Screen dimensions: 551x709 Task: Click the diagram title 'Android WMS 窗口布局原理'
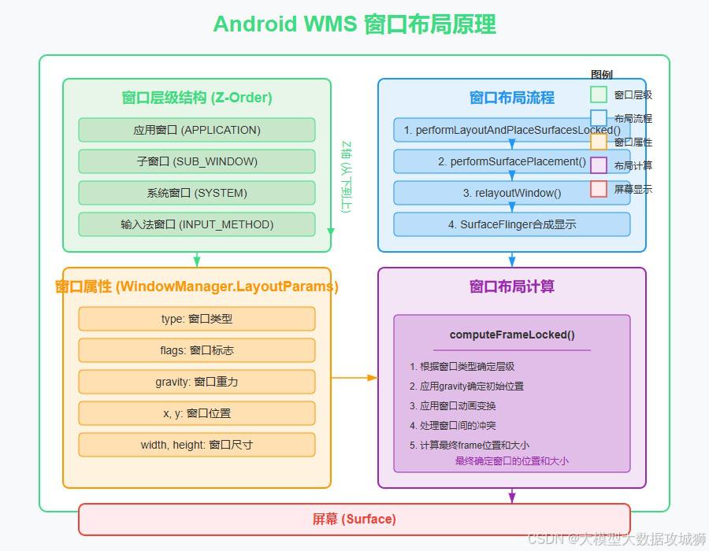[x=354, y=24]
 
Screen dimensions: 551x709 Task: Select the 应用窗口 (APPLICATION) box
[x=197, y=130]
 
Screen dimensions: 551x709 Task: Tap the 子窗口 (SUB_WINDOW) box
[x=197, y=161]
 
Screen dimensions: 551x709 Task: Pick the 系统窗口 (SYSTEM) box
[x=197, y=193]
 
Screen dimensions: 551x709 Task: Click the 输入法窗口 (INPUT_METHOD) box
[x=197, y=224]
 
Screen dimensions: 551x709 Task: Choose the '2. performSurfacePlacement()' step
[x=512, y=161]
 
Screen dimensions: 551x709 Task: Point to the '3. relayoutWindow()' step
[x=512, y=193]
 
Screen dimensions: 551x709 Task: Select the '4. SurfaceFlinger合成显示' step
[x=512, y=224]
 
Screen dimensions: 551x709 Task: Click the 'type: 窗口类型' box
[x=197, y=319]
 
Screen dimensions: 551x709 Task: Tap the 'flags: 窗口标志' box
[x=197, y=350]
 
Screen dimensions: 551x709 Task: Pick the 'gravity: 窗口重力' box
[x=197, y=382]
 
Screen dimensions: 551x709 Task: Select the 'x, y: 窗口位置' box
[x=197, y=413]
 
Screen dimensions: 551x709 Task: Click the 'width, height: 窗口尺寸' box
[x=197, y=445]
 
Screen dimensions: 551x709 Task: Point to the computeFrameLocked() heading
[x=512, y=335]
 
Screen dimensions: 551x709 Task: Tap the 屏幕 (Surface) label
[x=354, y=520]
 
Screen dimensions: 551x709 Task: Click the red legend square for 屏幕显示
[x=599, y=189]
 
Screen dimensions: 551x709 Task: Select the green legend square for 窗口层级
[x=599, y=94]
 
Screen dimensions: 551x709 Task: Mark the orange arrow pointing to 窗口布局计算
[x=354, y=378]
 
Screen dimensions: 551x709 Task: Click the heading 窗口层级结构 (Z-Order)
[x=197, y=98]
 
